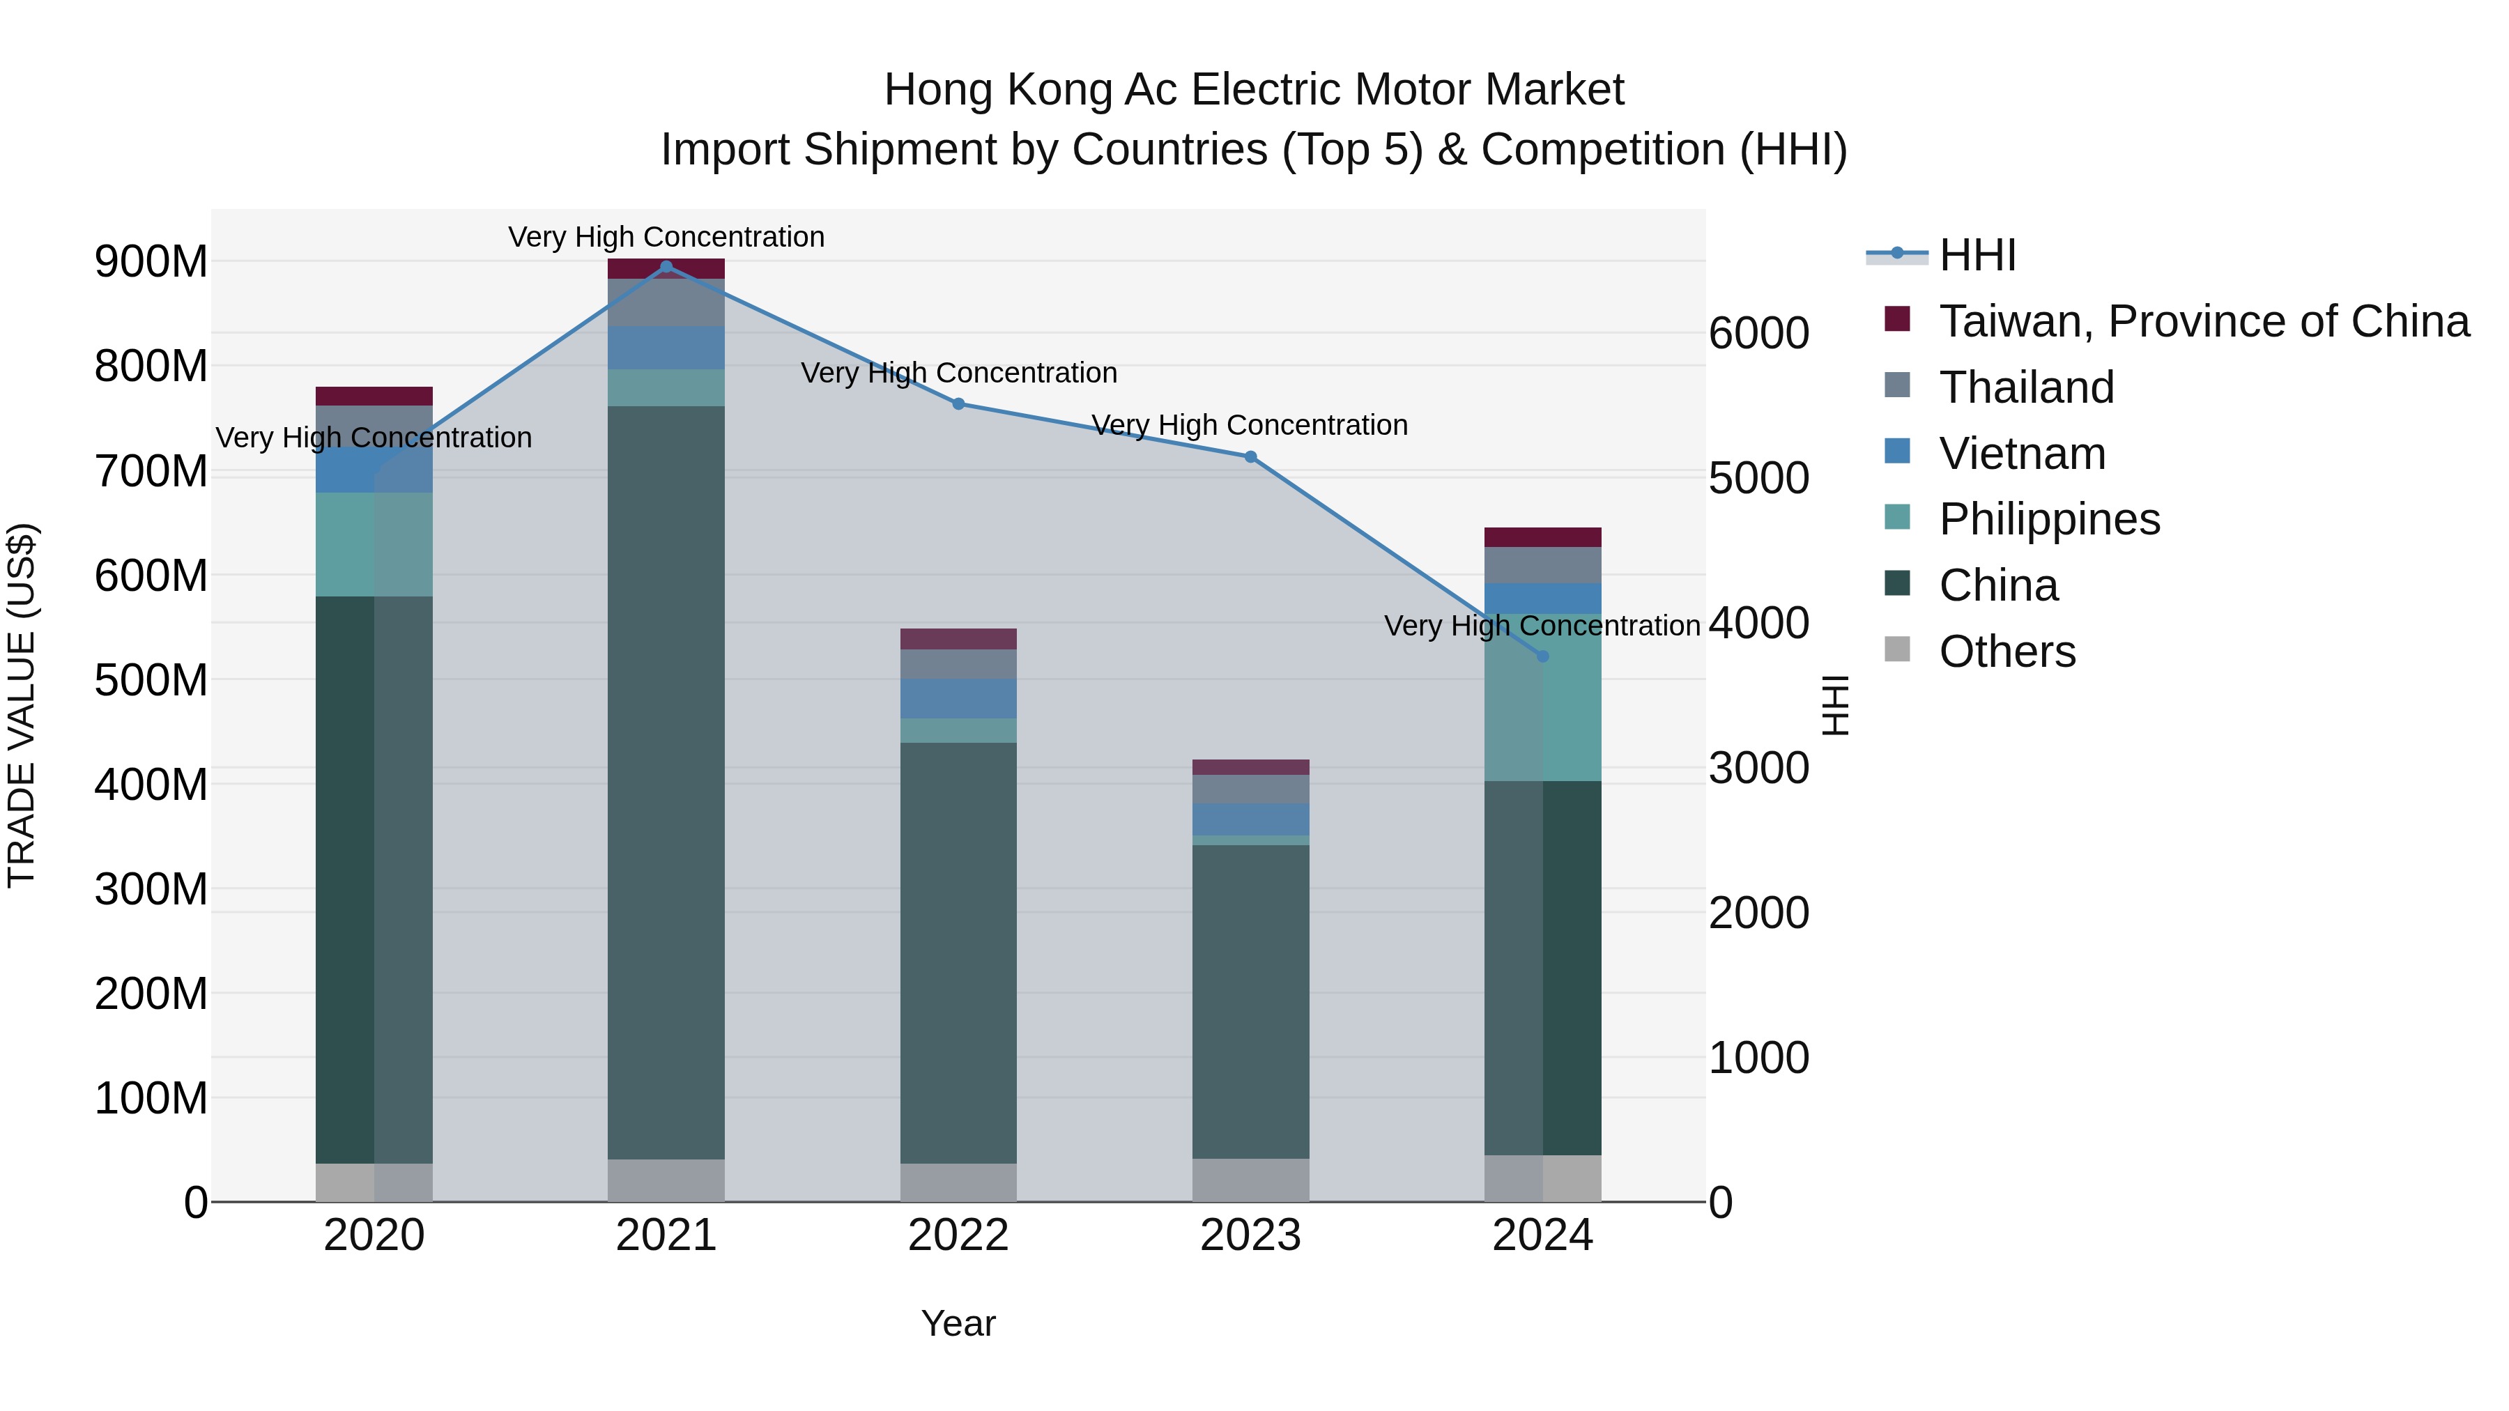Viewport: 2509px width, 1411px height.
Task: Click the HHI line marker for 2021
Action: (666, 267)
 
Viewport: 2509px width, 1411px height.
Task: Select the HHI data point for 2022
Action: (958, 404)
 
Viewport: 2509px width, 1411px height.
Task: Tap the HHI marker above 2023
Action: (1250, 456)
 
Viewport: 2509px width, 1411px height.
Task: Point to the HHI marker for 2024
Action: (1543, 656)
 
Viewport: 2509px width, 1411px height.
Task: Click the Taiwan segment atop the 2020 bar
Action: (374, 395)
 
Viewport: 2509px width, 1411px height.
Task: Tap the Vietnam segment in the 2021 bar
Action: (666, 348)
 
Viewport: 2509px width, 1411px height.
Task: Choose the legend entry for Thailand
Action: (2026, 387)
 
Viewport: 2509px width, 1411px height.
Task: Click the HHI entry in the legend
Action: (1977, 255)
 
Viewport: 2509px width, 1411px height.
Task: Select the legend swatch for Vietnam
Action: (1897, 452)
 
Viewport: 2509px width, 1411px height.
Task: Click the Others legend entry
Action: (2007, 651)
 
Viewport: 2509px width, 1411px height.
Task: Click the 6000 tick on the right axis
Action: (1759, 333)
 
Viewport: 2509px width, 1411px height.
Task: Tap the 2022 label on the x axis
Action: (958, 1235)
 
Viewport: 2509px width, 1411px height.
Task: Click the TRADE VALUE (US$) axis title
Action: (22, 705)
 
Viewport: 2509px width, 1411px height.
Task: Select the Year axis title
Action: (958, 1323)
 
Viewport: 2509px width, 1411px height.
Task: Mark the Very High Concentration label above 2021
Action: (666, 237)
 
